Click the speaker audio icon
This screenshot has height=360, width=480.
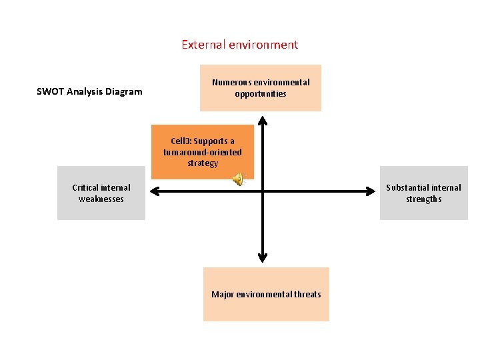[239, 178]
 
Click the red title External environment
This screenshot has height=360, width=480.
[239, 45]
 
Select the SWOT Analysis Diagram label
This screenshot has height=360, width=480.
[89, 91]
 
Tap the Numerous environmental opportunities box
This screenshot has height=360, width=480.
[261, 87]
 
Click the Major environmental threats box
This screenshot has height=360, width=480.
[266, 294]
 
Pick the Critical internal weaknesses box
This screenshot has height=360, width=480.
[101, 193]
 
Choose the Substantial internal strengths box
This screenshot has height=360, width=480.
[423, 193]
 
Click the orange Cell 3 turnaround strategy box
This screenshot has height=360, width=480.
[203, 151]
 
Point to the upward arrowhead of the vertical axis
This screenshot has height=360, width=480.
[263, 121]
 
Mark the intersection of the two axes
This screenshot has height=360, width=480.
[263, 191]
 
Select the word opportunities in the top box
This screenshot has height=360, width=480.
[261, 93]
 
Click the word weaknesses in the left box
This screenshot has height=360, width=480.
[101, 199]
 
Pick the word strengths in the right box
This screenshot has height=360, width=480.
[424, 199]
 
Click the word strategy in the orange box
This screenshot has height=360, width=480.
[203, 163]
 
